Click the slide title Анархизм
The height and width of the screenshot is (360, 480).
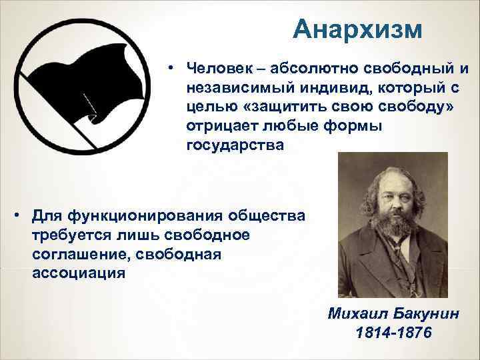(x=357, y=30)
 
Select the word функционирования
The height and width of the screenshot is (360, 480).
(x=133, y=217)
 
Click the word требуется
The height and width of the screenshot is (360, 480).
(x=71, y=236)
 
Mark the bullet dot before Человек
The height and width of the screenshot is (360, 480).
(x=171, y=69)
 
